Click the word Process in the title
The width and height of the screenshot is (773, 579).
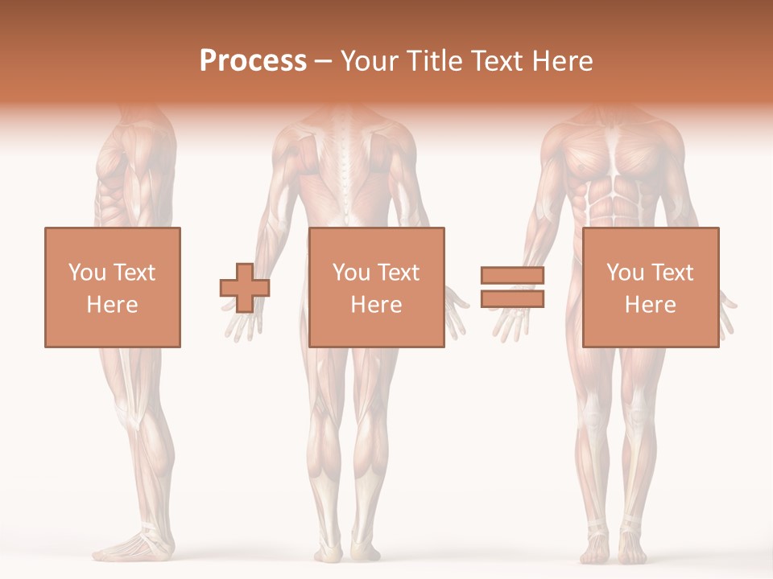point(253,60)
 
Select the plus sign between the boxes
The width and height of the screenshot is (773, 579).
point(244,288)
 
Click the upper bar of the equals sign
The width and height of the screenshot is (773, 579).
point(512,275)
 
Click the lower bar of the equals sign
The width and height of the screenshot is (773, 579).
point(512,298)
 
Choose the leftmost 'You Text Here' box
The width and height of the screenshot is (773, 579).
point(112,287)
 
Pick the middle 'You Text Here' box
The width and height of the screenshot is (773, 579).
point(376,287)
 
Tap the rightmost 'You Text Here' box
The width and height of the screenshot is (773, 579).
point(650,287)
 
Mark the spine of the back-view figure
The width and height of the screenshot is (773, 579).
point(347,169)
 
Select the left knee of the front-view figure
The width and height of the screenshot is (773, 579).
point(592,418)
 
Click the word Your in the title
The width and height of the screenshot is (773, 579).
point(367,60)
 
